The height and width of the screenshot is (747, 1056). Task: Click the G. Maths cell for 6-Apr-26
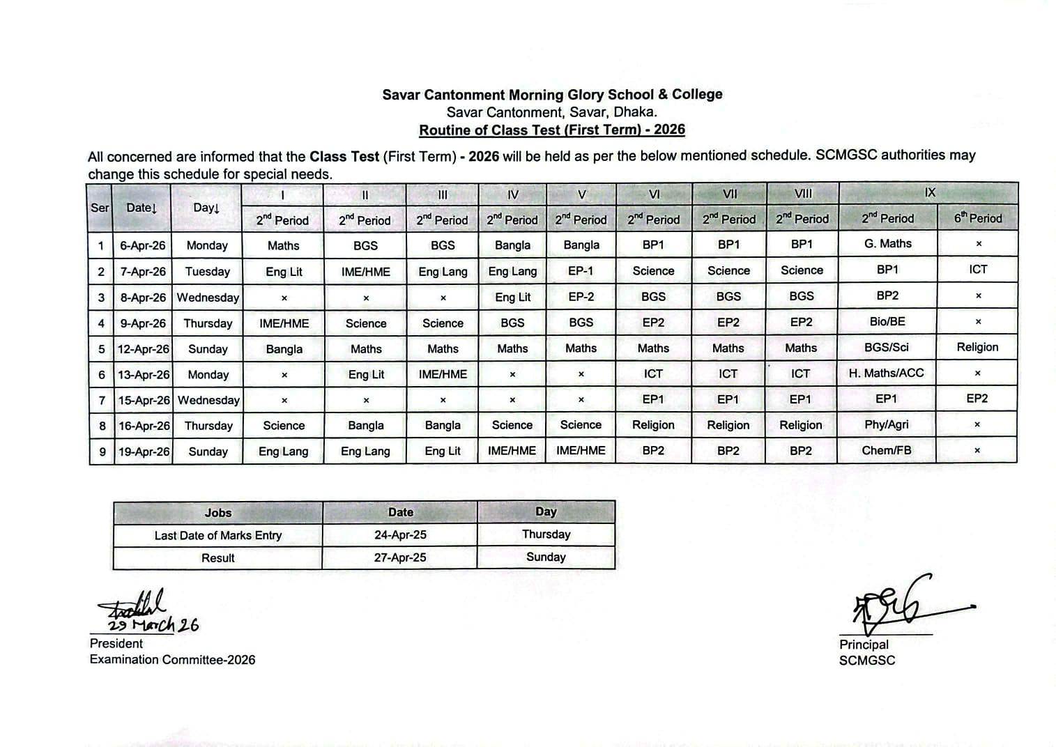(x=887, y=244)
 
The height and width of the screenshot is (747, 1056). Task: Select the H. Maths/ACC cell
(x=886, y=374)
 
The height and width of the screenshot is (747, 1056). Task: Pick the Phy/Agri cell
(x=886, y=425)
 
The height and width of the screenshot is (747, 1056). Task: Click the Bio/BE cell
(x=887, y=322)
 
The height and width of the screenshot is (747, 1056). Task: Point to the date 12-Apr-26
(x=143, y=349)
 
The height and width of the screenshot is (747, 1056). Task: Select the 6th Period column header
(x=977, y=219)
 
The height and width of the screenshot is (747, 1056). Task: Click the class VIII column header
(x=802, y=194)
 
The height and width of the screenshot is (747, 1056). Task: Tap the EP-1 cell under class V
(x=581, y=271)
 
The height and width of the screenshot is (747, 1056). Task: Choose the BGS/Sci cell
(x=886, y=348)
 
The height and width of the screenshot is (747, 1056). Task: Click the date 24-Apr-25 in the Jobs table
(x=400, y=535)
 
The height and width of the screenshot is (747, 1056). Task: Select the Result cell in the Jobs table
(x=217, y=558)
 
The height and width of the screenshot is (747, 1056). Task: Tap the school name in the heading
(x=552, y=95)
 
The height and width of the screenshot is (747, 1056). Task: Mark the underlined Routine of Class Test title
(x=552, y=130)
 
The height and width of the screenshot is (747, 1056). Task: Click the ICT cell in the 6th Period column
(x=978, y=270)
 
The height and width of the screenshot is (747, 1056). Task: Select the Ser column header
(x=100, y=208)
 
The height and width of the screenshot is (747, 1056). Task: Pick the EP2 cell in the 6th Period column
(x=977, y=399)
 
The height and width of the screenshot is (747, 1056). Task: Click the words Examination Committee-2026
(x=172, y=660)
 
